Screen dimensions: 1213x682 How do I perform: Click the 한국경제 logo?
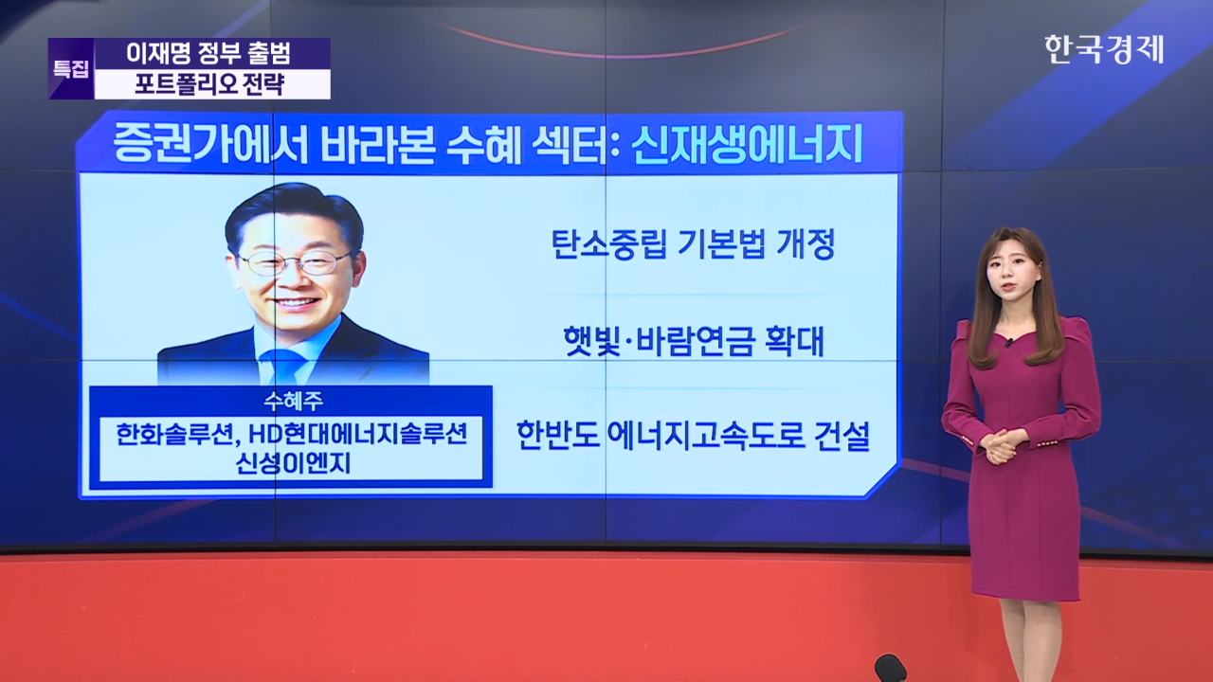pyautogui.click(x=1104, y=50)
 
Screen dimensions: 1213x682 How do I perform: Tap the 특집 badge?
pyautogui.click(x=71, y=69)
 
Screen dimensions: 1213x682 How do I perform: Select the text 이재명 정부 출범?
pyautogui.click(x=209, y=53)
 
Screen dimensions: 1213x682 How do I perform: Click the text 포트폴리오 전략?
pyautogui.click(x=209, y=84)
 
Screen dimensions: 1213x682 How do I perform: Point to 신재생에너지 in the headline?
pyautogui.click(x=746, y=143)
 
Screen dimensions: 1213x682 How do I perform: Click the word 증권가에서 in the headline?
pyautogui.click(x=210, y=143)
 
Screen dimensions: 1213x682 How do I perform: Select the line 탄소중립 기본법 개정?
pyautogui.click(x=693, y=244)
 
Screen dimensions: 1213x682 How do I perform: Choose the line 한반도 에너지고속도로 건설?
pyautogui.click(x=693, y=435)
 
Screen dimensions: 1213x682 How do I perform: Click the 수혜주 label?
pyautogui.click(x=293, y=401)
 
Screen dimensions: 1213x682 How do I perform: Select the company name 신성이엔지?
pyautogui.click(x=293, y=463)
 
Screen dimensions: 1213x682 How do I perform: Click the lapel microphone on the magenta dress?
pyautogui.click(x=1009, y=342)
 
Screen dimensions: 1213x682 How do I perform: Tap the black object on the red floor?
pyautogui.click(x=890, y=669)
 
